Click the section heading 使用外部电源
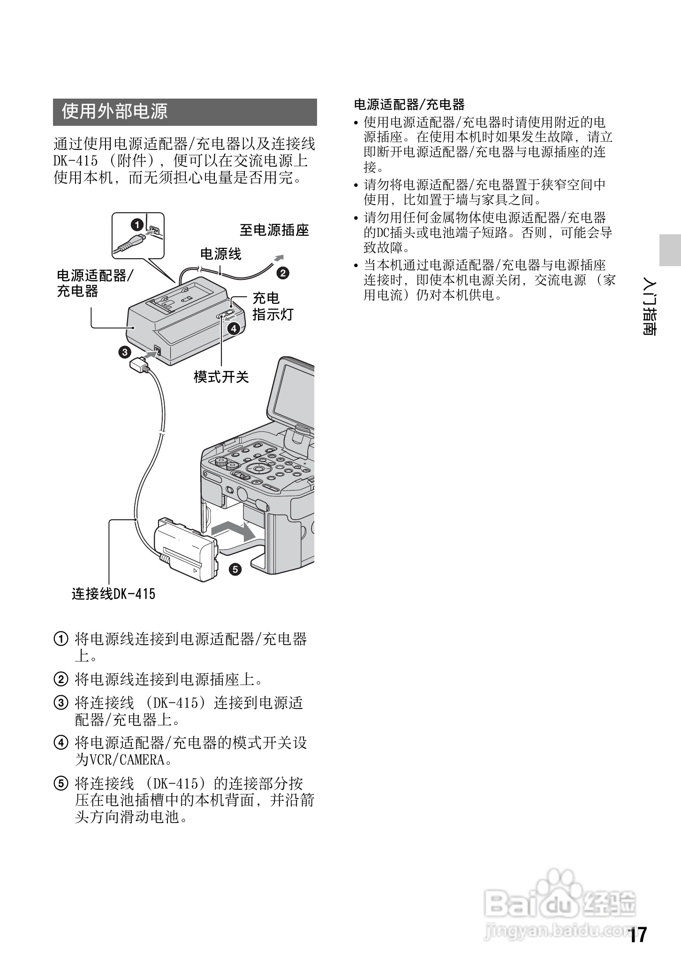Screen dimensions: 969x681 click(114, 112)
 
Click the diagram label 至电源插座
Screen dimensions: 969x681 click(274, 230)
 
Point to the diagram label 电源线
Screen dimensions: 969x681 click(220, 254)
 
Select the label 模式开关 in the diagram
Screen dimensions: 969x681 click(221, 376)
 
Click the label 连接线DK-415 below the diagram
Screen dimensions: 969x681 click(113, 594)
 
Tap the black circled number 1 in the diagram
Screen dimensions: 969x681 click(136, 225)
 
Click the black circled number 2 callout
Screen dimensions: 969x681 click(283, 273)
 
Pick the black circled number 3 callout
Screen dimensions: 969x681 click(124, 352)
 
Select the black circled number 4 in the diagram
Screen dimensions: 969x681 click(234, 328)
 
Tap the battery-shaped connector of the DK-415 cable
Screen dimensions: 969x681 click(187, 551)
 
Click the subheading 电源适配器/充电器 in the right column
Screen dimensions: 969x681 click(409, 104)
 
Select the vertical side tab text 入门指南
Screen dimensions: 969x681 click(650, 308)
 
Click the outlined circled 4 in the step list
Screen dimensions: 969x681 click(61, 743)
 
